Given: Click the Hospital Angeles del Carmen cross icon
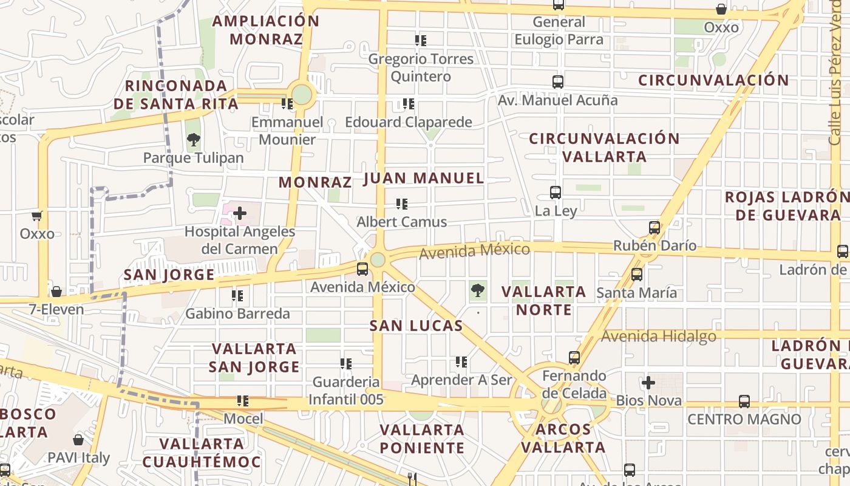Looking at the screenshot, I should (x=240, y=213).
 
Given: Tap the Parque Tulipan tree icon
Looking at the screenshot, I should (x=194, y=140).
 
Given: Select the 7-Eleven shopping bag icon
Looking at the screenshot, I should (x=56, y=292).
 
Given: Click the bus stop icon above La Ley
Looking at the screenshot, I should (x=555, y=193).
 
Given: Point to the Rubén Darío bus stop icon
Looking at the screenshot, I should (x=654, y=228).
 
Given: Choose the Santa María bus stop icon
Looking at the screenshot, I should (x=636, y=274).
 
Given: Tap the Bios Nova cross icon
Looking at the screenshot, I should (x=648, y=383).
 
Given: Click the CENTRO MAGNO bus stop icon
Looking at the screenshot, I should (x=744, y=401).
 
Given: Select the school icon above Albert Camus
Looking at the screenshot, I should (x=401, y=204).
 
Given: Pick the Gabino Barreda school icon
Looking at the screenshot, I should (x=237, y=296).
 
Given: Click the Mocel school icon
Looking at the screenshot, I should (x=243, y=401).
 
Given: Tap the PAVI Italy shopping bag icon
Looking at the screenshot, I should (x=78, y=439).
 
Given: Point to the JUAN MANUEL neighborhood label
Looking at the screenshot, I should (x=424, y=178).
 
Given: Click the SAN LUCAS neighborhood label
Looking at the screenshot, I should (x=416, y=326).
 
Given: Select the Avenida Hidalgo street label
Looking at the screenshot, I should (x=659, y=336).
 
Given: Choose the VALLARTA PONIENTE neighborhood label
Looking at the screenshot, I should (x=422, y=439).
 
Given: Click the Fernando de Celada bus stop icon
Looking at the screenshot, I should (x=574, y=357).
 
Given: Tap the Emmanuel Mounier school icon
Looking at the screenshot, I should (x=287, y=104).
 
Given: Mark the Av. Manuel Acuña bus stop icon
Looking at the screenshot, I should (x=557, y=81).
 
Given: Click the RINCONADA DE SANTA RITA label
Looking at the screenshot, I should (x=176, y=95).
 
